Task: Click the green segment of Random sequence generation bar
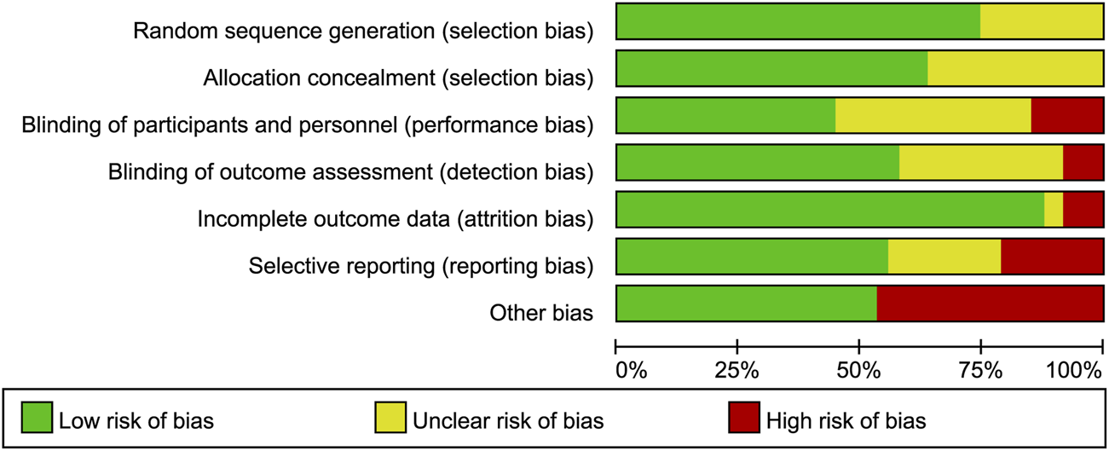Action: point(798,21)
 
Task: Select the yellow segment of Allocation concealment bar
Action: point(1015,68)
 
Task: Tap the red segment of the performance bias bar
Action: point(1067,115)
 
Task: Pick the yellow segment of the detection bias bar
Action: point(981,162)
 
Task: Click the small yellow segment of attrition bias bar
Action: point(1054,209)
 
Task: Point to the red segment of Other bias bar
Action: point(990,304)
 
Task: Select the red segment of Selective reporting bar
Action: point(1052,257)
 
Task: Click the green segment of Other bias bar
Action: point(746,304)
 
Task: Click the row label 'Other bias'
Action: point(541,313)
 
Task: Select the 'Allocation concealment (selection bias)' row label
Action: point(398,78)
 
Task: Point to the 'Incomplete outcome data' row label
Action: point(395,219)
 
